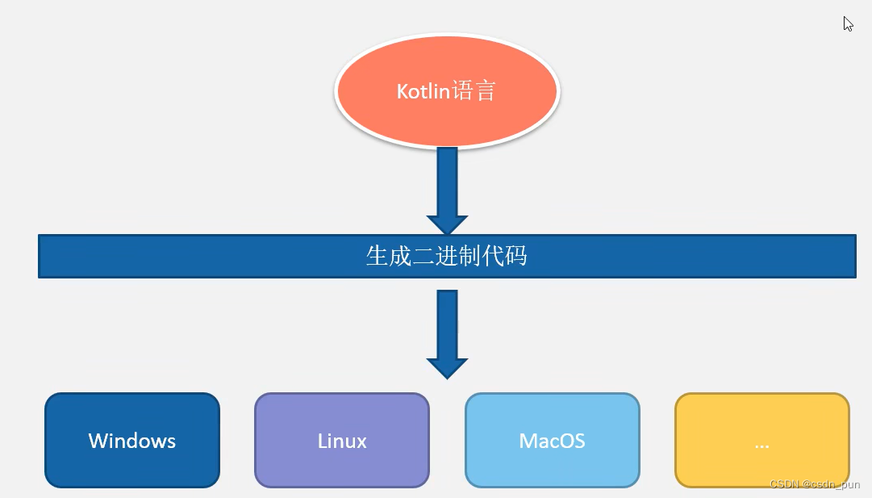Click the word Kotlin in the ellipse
pyautogui.click(x=422, y=91)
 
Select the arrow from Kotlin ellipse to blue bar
pyautogui.click(x=447, y=182)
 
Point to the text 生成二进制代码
pyautogui.click(x=446, y=257)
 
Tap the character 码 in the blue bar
pyautogui.click(x=515, y=257)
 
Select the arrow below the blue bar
pyautogui.click(x=447, y=323)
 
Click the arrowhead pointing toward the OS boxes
pyautogui.click(x=447, y=368)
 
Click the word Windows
pyautogui.click(x=132, y=441)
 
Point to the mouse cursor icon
pyautogui.click(x=848, y=23)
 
